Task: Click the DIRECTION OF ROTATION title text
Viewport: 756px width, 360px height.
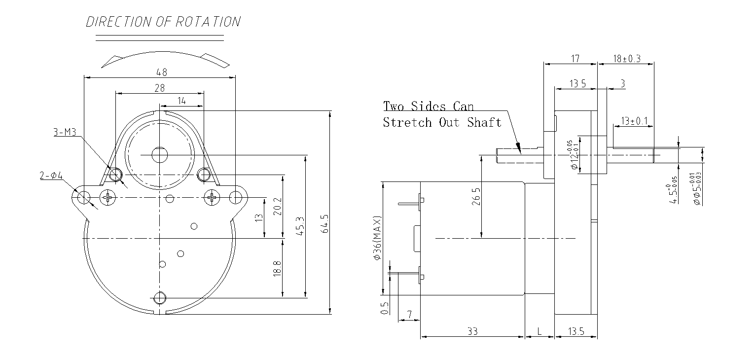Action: [163, 22]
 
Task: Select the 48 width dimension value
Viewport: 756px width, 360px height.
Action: [162, 72]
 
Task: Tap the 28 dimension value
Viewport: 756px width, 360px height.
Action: [160, 88]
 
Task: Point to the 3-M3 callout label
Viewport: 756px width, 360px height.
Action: [65, 132]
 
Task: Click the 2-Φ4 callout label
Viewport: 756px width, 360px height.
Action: [51, 176]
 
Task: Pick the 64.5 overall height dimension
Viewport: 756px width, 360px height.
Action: [325, 224]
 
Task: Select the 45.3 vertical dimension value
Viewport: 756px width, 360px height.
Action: [300, 226]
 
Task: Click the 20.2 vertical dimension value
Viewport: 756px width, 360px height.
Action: [278, 207]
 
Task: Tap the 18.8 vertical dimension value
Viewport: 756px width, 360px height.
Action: [277, 268]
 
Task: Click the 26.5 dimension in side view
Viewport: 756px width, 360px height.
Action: [476, 196]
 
